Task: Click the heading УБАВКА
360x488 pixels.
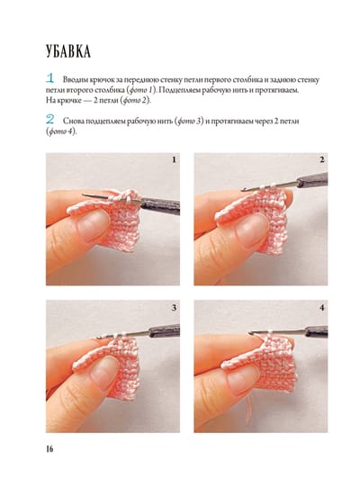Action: (68, 51)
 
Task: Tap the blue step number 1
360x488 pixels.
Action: (49, 77)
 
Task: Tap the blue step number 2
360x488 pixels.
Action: (49, 119)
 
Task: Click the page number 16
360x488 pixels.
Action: (49, 448)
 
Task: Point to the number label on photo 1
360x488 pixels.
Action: (174, 160)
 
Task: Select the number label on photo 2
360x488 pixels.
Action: (322, 159)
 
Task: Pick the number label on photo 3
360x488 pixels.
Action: (174, 308)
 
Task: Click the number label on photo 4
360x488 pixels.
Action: (322, 308)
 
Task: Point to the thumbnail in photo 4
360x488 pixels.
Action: (243, 380)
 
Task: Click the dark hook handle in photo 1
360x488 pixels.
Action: (160, 206)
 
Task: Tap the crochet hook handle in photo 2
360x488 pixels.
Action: (312, 180)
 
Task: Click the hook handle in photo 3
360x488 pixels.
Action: (165, 330)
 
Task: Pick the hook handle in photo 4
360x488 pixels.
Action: (316, 331)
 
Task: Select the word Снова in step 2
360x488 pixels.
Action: (73, 121)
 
